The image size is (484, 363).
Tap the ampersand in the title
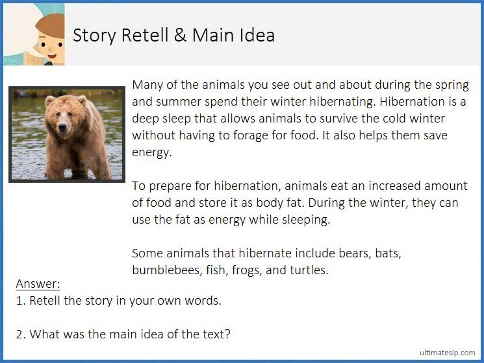tap(181, 35)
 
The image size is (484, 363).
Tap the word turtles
tap(308, 270)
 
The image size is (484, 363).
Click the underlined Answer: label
tap(38, 284)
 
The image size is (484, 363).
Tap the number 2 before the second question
tap(19, 334)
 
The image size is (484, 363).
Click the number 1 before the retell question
tap(19, 301)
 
